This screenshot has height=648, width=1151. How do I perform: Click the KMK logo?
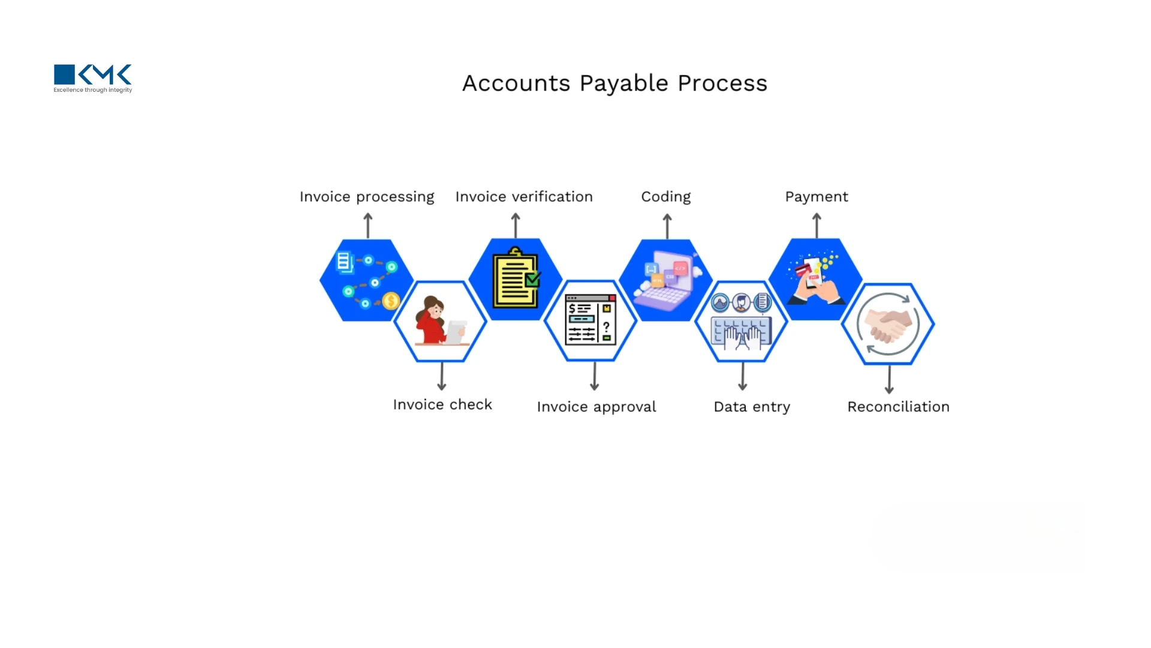click(x=93, y=78)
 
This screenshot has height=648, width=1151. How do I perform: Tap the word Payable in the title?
click(x=623, y=83)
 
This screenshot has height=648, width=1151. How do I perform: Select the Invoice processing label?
click(x=367, y=197)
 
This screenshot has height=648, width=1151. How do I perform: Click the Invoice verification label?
click(x=524, y=197)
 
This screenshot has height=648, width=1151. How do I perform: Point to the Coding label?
click(x=666, y=197)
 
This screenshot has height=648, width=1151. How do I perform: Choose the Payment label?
click(x=816, y=197)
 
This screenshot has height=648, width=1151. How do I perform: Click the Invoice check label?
click(x=442, y=405)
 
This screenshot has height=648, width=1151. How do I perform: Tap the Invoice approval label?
click(x=596, y=407)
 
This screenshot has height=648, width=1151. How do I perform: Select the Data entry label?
click(x=752, y=407)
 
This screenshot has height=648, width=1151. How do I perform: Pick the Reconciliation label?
click(x=898, y=407)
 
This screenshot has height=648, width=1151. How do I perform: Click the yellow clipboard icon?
click(x=514, y=278)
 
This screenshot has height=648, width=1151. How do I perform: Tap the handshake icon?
click(x=888, y=325)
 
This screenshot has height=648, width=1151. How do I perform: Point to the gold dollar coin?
click(x=391, y=300)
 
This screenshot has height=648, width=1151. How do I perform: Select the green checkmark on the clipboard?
click(x=533, y=279)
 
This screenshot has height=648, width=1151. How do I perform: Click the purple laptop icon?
click(x=664, y=282)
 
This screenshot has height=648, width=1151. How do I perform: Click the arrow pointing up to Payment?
click(x=816, y=226)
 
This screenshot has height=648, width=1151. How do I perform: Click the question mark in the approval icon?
click(x=607, y=326)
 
